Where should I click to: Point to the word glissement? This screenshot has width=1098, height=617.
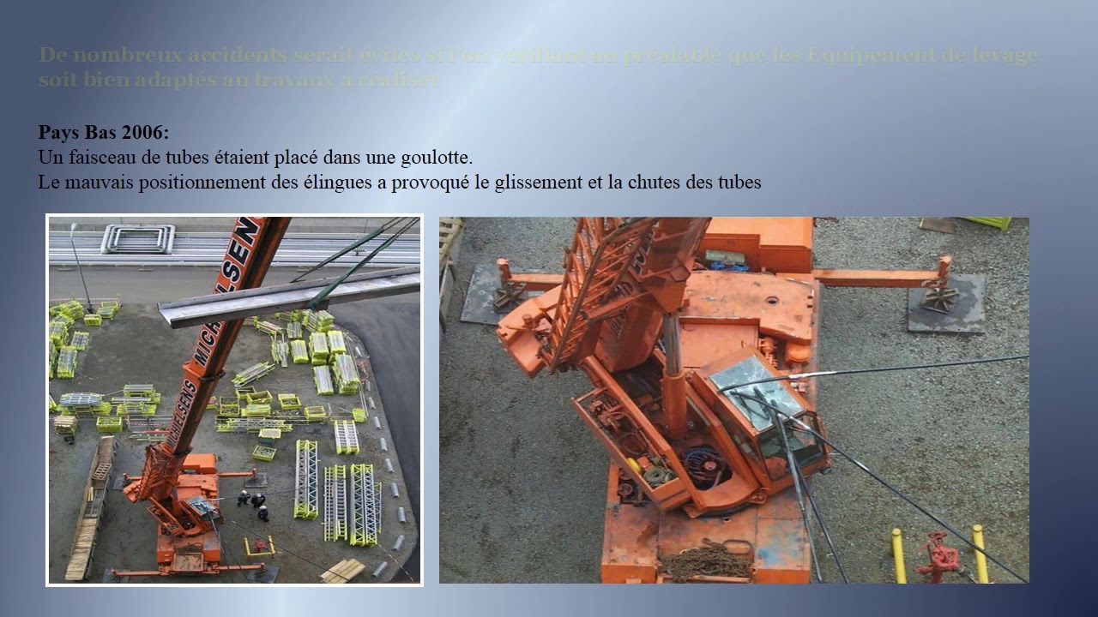[536, 183]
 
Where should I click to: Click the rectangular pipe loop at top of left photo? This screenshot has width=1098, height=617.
[137, 239]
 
